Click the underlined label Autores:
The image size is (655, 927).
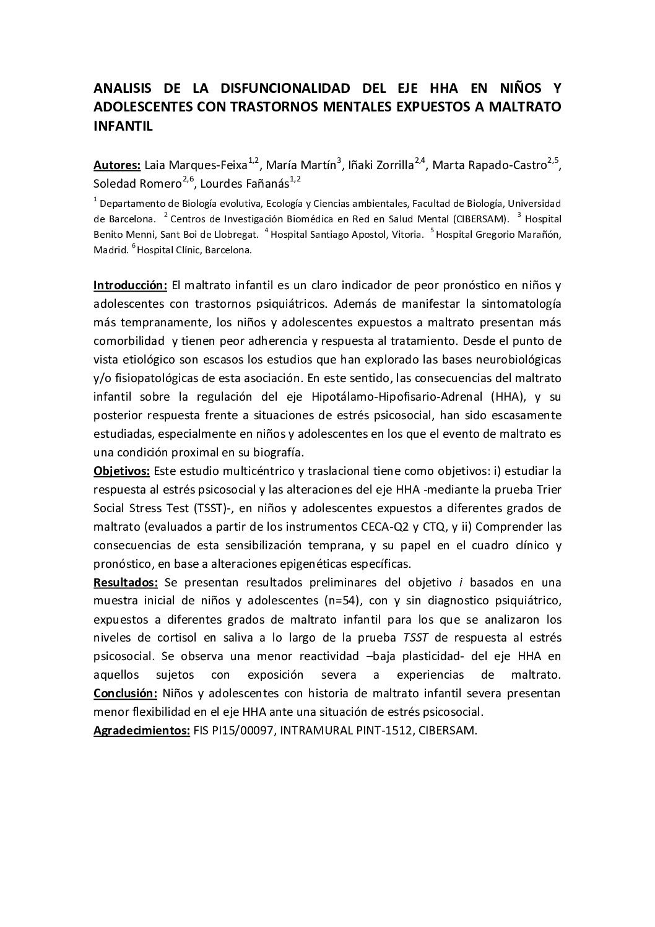point(117,165)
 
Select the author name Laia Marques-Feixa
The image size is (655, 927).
point(196,165)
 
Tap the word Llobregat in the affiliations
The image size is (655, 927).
point(236,234)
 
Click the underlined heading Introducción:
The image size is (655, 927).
point(130,285)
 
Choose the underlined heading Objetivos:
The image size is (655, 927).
point(121,471)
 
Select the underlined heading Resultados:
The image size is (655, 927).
point(126,582)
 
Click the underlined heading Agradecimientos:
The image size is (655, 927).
point(141,730)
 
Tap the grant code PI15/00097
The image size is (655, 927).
point(244,730)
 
